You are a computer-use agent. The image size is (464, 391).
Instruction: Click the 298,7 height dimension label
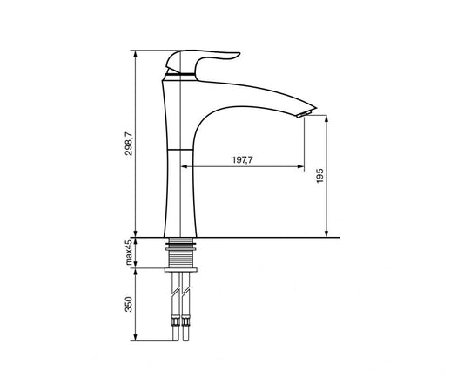[x=129, y=145]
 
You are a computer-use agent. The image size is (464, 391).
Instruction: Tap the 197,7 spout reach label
[x=243, y=160]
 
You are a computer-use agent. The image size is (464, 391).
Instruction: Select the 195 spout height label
[x=319, y=176]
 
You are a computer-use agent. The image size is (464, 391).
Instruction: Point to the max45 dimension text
[x=129, y=253]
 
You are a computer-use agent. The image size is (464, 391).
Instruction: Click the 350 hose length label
[x=129, y=304]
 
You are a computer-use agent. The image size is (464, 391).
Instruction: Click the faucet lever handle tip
[x=239, y=54]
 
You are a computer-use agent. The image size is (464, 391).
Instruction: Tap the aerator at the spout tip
[x=305, y=114]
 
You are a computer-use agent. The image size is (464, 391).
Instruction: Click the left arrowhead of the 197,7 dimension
[x=185, y=166]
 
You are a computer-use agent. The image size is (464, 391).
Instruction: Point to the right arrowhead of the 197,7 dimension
[x=300, y=166]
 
